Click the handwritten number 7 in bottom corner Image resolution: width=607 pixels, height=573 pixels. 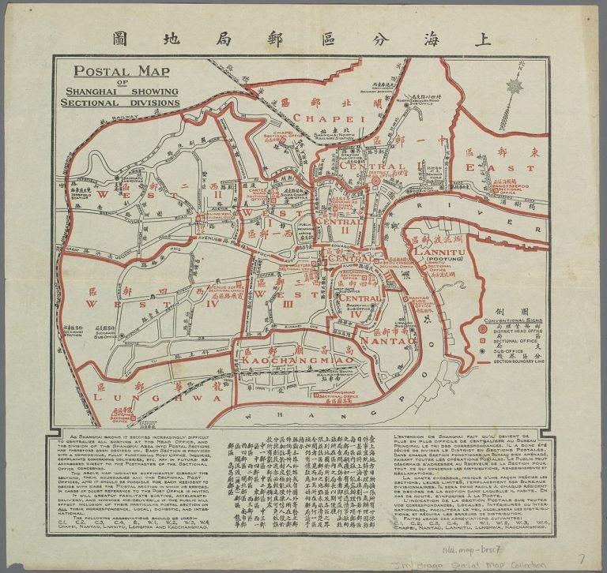[581, 558]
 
